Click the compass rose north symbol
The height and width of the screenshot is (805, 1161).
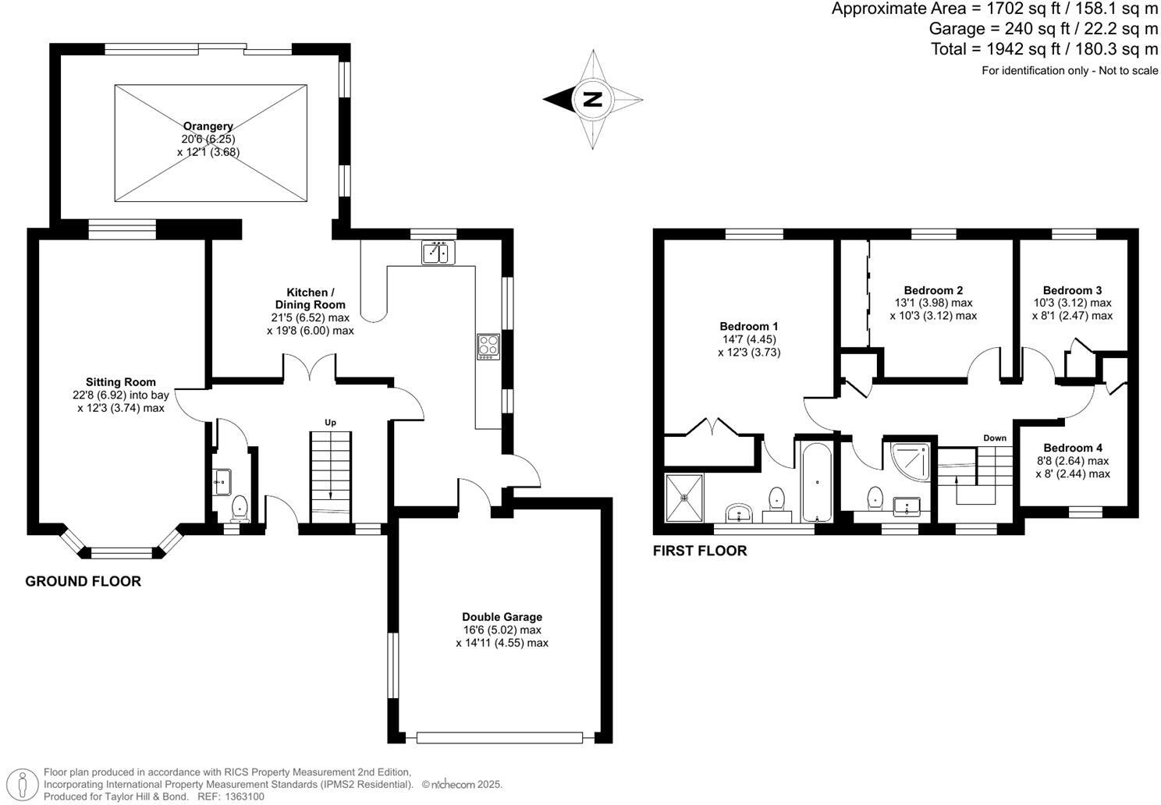(x=593, y=99)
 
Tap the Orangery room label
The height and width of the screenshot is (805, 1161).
(x=208, y=126)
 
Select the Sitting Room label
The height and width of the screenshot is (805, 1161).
(x=121, y=382)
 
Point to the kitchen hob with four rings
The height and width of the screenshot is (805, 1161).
(x=488, y=346)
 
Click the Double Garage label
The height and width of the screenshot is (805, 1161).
(x=502, y=616)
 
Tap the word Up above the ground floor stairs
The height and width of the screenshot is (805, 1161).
(x=331, y=423)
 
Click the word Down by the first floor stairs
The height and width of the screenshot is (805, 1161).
(x=995, y=438)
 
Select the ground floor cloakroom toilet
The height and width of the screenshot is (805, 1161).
(x=240, y=507)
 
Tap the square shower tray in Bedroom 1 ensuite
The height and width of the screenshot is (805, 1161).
(x=685, y=497)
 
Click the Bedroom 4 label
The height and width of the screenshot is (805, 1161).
(x=1073, y=448)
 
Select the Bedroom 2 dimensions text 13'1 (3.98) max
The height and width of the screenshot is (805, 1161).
(x=933, y=303)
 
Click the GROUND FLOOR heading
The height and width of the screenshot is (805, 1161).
(x=83, y=581)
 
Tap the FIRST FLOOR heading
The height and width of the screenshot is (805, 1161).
(x=700, y=551)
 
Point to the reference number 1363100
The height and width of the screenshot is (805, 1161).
(x=244, y=796)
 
